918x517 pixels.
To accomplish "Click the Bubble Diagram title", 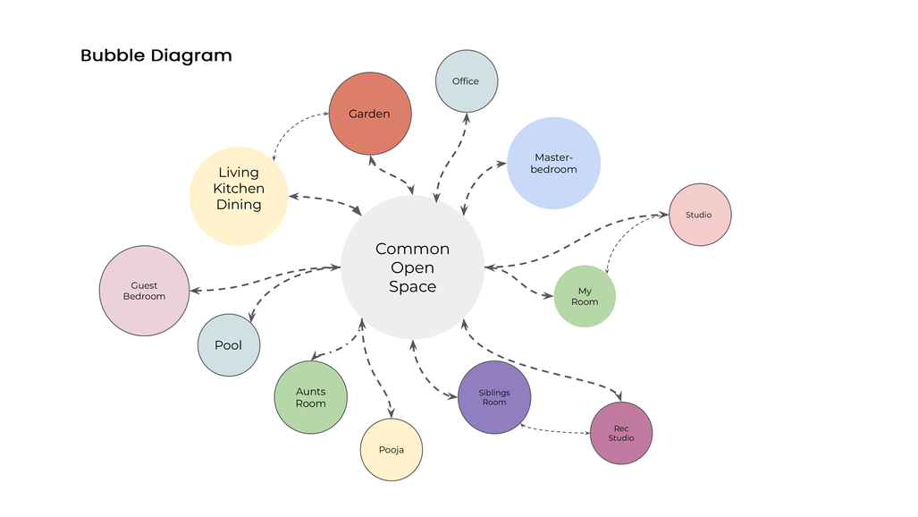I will (x=156, y=55).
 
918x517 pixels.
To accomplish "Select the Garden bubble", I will (x=370, y=114).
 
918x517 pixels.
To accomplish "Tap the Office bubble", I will (x=466, y=81).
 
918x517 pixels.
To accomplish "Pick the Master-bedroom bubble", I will (x=553, y=163).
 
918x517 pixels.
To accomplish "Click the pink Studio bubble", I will (x=700, y=215).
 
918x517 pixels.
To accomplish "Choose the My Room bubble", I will (x=585, y=296).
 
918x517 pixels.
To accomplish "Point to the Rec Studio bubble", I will (x=621, y=433).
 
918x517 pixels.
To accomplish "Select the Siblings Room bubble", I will (x=494, y=397).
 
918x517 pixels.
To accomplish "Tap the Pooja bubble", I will (x=391, y=449).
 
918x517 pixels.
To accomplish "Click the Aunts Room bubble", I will (x=310, y=397).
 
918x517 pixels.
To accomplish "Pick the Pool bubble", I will (x=228, y=345).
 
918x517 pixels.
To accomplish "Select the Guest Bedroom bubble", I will (x=144, y=291).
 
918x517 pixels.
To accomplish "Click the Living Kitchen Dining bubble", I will (x=239, y=188).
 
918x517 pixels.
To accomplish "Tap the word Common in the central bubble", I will (x=412, y=249).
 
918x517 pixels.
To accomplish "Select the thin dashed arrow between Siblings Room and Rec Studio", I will (x=557, y=432).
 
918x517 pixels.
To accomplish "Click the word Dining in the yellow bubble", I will (x=239, y=205).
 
